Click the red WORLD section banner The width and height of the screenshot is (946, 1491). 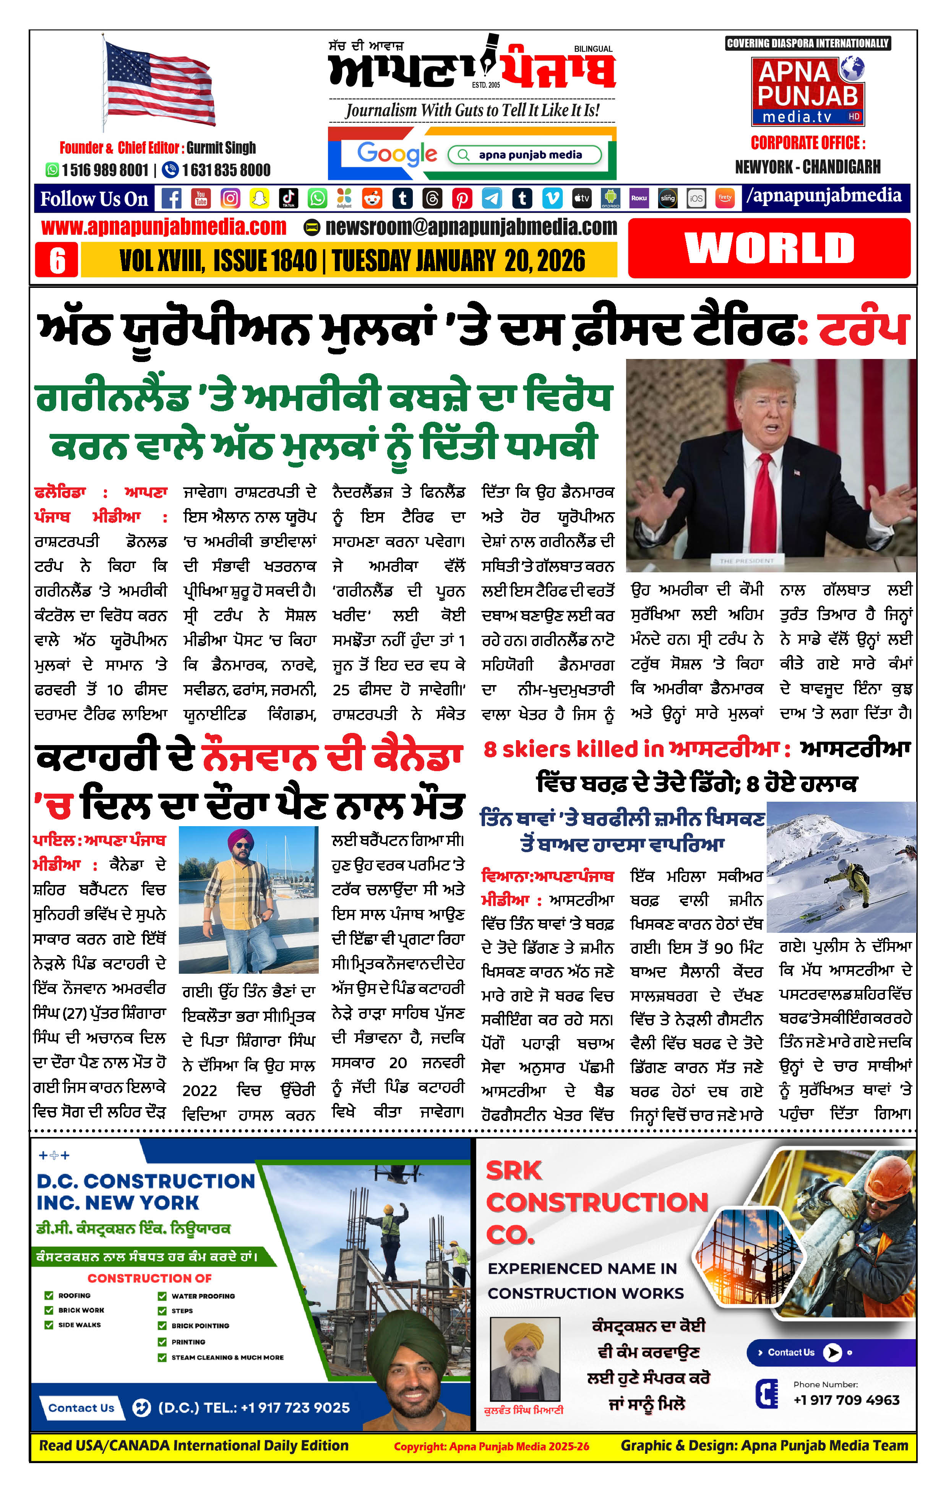click(769, 248)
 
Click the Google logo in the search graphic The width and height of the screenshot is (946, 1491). click(397, 154)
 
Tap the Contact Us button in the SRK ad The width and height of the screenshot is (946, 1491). click(798, 1352)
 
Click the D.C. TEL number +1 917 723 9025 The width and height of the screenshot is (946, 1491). click(254, 1407)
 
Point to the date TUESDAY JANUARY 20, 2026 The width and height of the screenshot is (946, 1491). click(458, 261)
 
